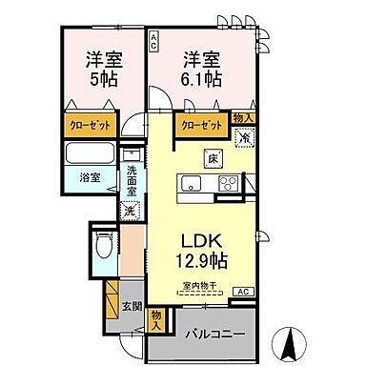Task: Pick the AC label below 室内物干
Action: [242, 290]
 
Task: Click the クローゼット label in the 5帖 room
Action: [92, 125]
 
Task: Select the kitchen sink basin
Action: [191, 184]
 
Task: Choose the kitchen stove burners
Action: [230, 184]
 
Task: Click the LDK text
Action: [206, 240]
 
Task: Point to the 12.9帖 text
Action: [206, 259]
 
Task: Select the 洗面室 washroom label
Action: [132, 178]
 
